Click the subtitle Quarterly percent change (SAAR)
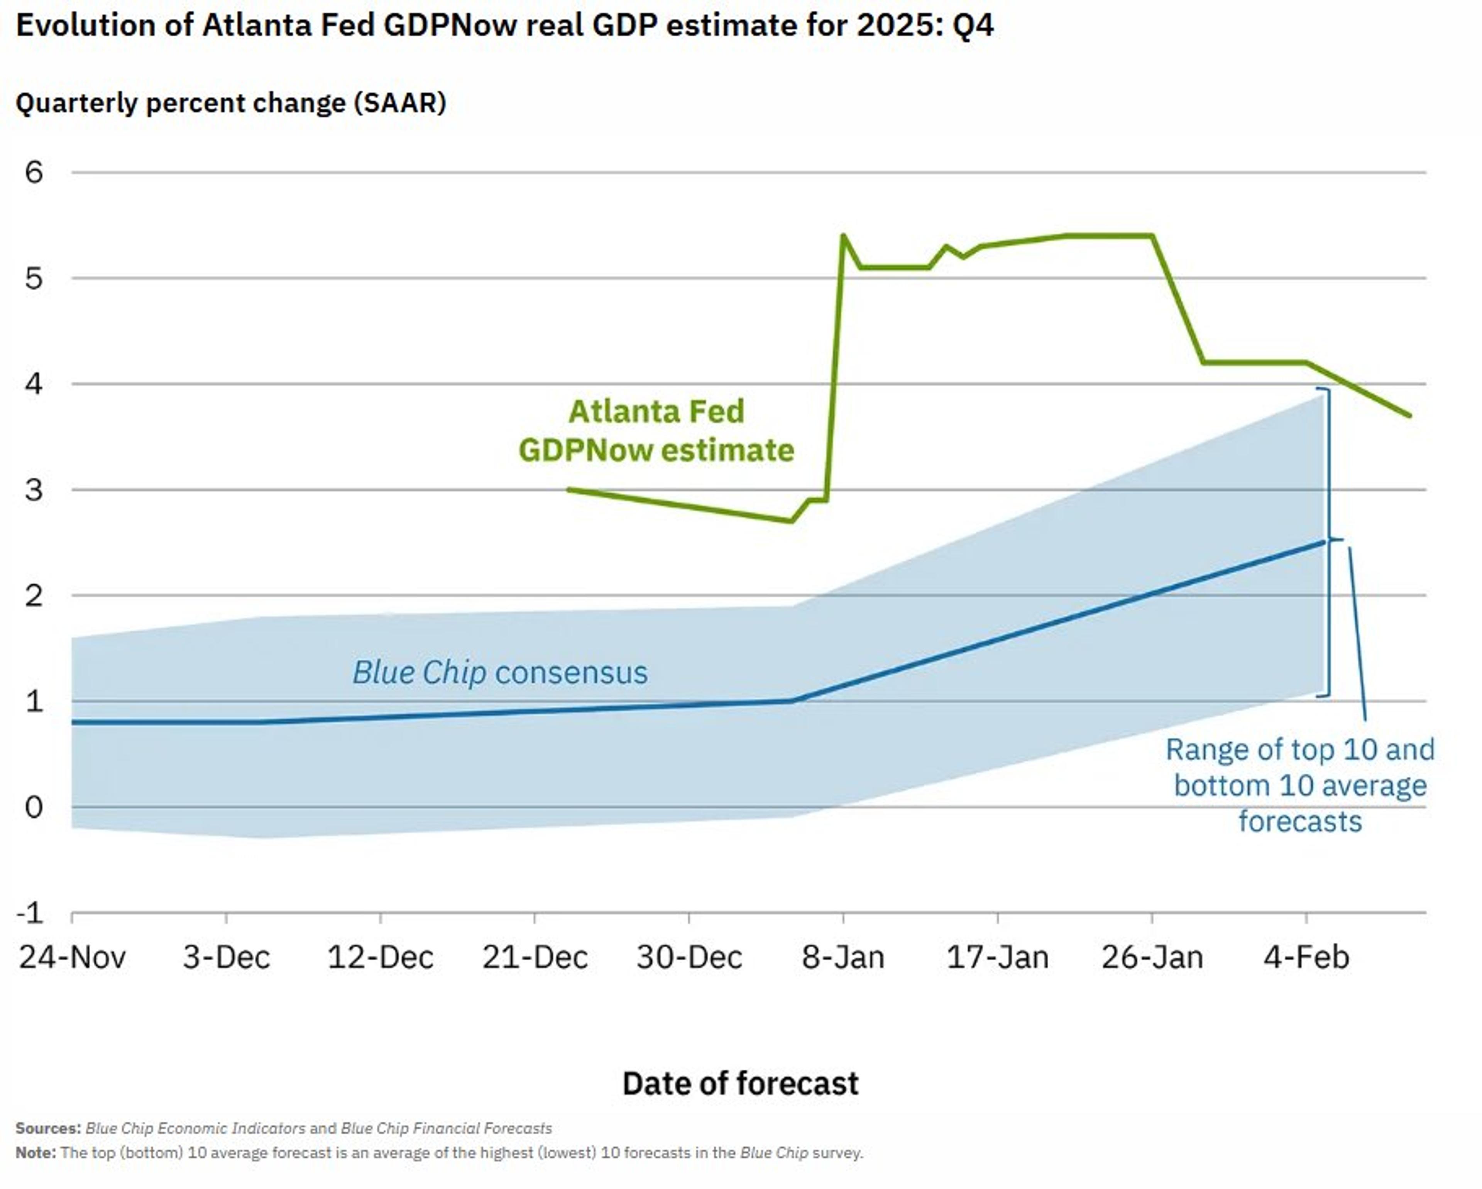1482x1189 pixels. pyautogui.click(x=231, y=103)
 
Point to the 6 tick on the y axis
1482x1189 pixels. pyautogui.click(x=34, y=173)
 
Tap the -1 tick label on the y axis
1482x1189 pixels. pyautogui.click(x=30, y=913)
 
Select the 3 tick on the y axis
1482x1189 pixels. pyautogui.click(x=34, y=490)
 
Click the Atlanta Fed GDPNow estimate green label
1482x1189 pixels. pyautogui.click(x=656, y=431)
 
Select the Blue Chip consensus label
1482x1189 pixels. pyautogui.click(x=500, y=672)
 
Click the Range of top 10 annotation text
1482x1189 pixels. pyautogui.click(x=1300, y=785)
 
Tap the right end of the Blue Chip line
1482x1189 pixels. pyautogui.click(x=1323, y=542)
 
